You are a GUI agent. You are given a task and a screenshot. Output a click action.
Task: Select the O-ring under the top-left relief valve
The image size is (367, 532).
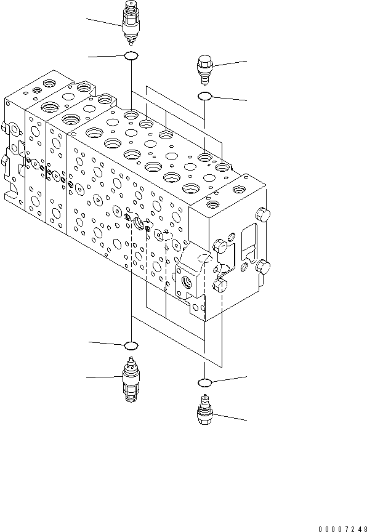pyautogui.click(x=131, y=57)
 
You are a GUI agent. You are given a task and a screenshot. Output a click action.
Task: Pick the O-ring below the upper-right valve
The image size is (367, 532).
pyautogui.click(x=204, y=96)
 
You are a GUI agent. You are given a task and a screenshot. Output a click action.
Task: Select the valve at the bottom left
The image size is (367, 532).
pyautogui.click(x=131, y=381)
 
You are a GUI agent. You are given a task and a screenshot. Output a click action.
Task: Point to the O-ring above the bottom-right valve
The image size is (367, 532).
pyautogui.click(x=204, y=382)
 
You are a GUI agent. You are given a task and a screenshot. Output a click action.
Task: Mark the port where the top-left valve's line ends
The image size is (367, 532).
pyautogui.click(x=131, y=115)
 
